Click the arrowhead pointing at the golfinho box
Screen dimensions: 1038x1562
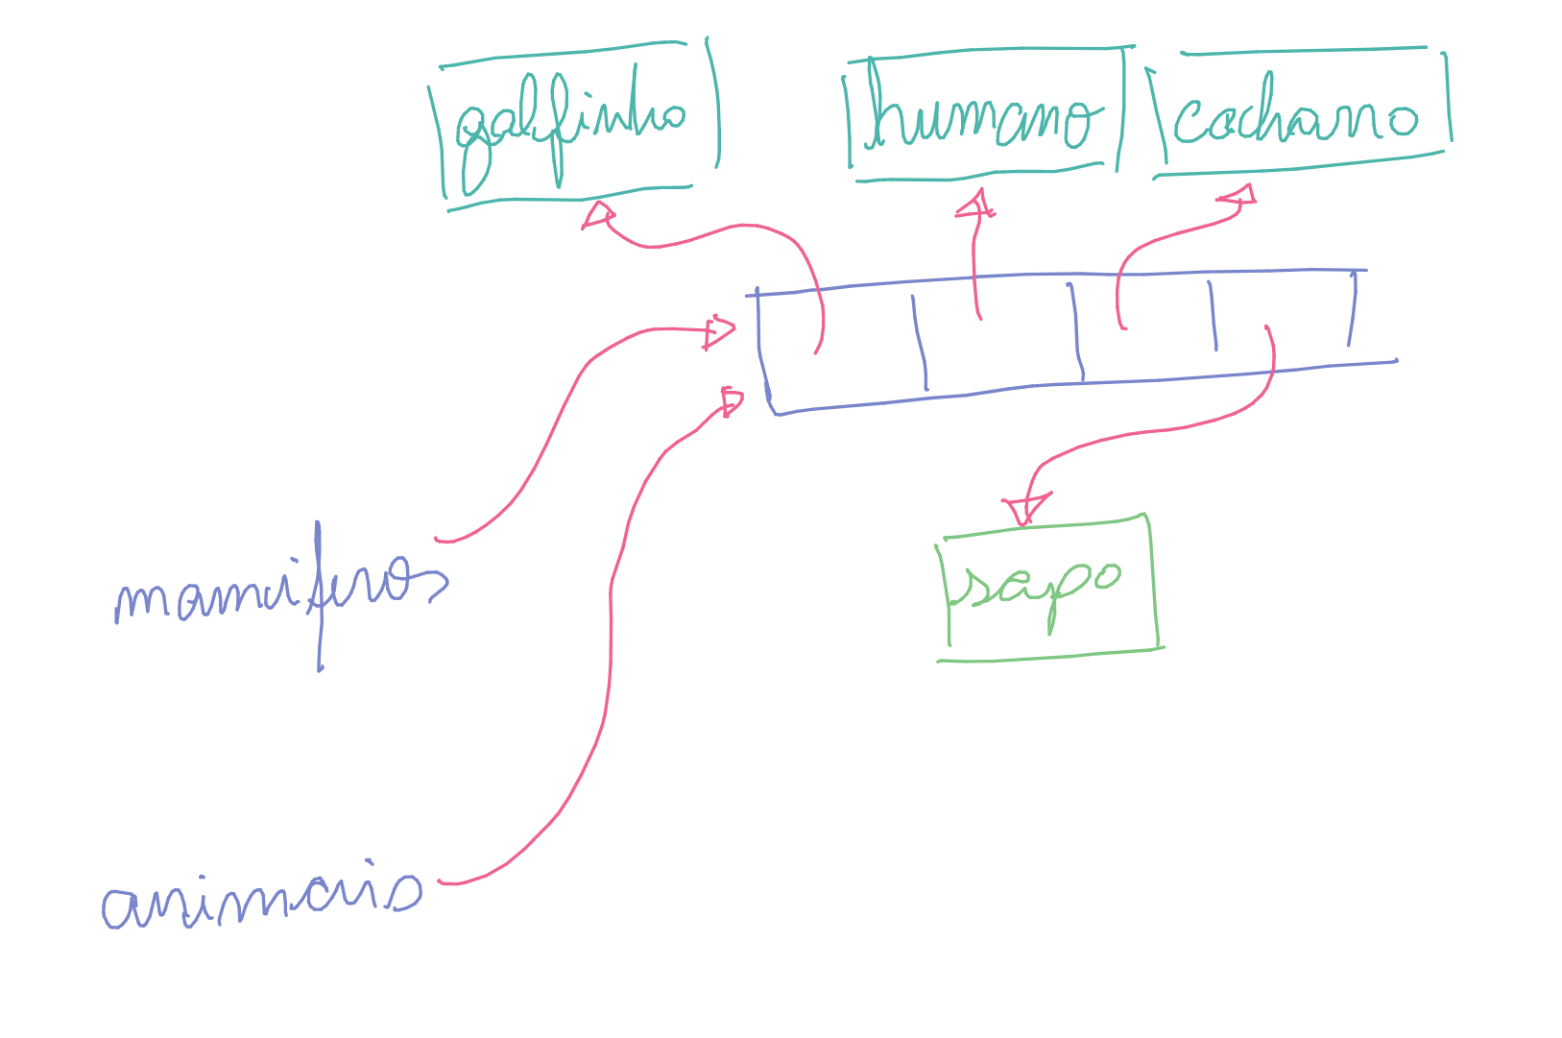598,214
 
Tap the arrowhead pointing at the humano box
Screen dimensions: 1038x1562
976,204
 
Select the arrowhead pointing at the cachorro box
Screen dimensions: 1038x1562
1239,197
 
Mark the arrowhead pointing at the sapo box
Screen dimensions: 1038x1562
1025,507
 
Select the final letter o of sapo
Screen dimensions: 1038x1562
1105,575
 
